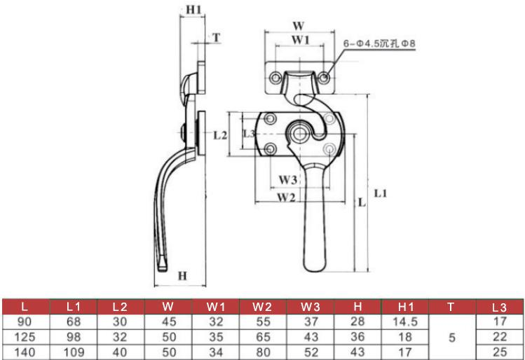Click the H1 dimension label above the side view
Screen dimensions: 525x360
tap(194, 10)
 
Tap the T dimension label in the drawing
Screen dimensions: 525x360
tap(217, 38)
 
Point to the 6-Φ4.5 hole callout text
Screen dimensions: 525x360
tap(379, 43)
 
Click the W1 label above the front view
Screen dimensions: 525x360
tap(300, 40)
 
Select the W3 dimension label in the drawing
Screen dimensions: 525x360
tap(288, 180)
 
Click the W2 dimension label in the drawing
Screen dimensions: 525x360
tap(286, 198)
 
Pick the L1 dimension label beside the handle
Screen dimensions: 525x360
tap(381, 193)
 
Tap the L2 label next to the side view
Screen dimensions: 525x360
tap(220, 135)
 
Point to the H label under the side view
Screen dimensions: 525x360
tap(182, 276)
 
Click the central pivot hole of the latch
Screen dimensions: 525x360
tap(300, 134)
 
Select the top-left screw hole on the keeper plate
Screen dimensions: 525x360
tap(275, 78)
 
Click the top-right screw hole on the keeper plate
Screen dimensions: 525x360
tap(323, 78)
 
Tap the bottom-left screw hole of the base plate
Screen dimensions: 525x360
tap(270, 148)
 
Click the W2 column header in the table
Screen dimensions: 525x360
tap(262, 307)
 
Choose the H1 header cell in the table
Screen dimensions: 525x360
tap(405, 307)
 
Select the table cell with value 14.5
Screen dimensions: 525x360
tap(405, 322)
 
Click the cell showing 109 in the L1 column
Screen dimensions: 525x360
tap(74, 352)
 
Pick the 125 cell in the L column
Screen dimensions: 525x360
tap(25, 337)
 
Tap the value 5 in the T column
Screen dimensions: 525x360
tap(452, 338)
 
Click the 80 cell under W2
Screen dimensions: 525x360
tap(263, 352)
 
